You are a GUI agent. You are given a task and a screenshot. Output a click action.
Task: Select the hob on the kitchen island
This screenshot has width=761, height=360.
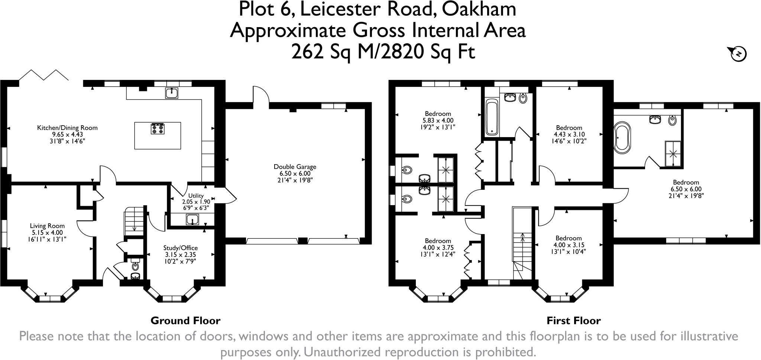(158, 129)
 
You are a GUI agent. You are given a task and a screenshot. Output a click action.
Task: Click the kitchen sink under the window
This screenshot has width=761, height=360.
(172, 93)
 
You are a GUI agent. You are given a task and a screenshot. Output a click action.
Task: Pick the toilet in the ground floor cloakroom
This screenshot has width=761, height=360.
(135, 266)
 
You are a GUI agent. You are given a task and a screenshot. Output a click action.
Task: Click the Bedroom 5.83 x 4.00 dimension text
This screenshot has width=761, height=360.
(438, 120)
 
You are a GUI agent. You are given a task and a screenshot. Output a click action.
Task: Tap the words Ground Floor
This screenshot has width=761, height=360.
(185, 321)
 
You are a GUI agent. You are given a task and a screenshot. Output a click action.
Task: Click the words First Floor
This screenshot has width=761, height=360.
(573, 321)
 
